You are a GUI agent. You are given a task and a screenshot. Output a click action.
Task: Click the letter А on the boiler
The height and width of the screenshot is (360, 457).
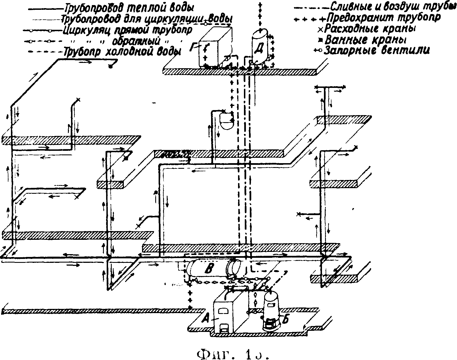point(206,318)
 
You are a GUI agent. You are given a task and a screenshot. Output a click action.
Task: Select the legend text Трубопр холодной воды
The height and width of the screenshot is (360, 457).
point(122,52)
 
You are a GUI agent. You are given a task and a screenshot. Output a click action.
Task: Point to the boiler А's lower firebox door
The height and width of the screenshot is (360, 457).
point(224,327)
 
